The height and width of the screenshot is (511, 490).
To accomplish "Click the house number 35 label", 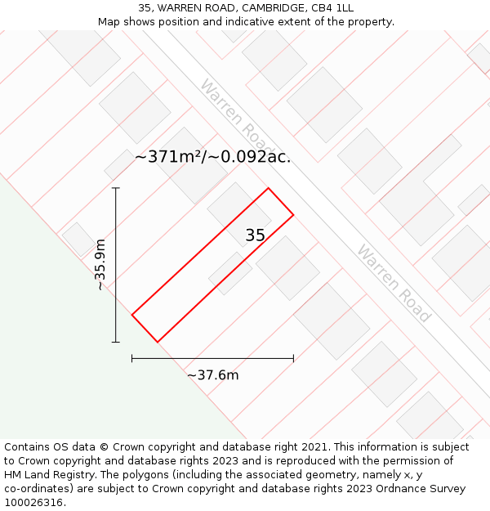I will (255, 235).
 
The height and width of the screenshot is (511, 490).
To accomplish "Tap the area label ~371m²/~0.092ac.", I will (212, 157).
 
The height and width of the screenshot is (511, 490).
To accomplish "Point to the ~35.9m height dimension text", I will (100, 264).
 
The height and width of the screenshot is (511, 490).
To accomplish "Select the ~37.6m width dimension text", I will (212, 375).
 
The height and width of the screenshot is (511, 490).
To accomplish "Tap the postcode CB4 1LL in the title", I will (332, 8).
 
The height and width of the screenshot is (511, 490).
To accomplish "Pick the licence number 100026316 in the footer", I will (32, 503).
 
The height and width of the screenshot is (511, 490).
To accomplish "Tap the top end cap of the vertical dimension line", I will (116, 189).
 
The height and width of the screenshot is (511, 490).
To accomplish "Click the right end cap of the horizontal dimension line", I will (293, 358).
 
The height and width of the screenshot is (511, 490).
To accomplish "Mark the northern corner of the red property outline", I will (268, 189).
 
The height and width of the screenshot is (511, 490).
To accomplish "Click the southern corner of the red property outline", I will (157, 342).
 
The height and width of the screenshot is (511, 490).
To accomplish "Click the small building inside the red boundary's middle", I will (230, 273).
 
